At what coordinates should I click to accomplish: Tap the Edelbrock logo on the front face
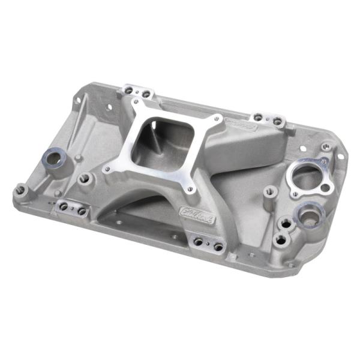click(x=194, y=214)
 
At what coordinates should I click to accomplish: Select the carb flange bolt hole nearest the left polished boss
click(x=107, y=170)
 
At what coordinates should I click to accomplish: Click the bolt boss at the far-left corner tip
click(x=20, y=190)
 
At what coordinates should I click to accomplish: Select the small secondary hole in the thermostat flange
click(x=325, y=188)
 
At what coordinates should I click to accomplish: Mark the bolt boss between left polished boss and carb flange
click(x=86, y=178)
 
